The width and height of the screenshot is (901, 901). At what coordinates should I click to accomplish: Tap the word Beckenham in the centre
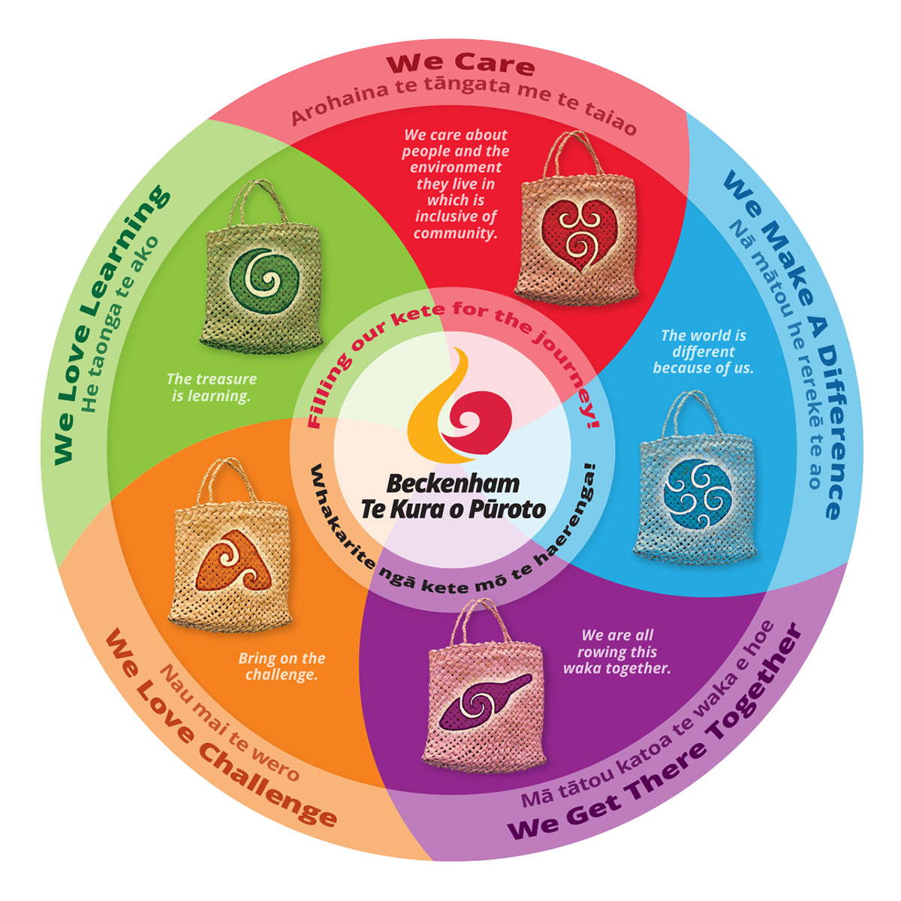[454, 483]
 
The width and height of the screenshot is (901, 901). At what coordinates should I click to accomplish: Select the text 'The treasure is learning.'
[211, 387]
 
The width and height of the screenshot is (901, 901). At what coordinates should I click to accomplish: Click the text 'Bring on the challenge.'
[282, 666]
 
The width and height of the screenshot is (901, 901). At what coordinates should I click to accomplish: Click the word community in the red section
[455, 233]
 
